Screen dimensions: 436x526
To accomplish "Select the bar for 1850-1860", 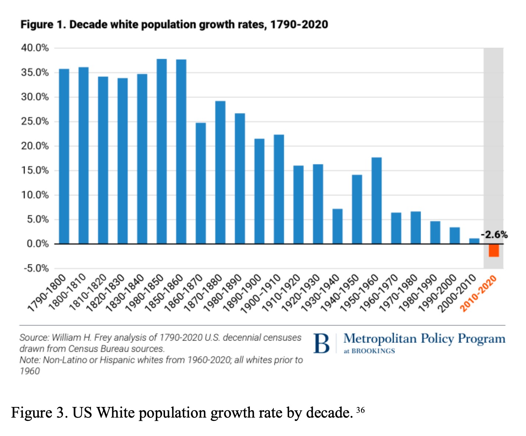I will click(x=181, y=151).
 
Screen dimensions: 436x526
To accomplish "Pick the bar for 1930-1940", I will click(x=337, y=226).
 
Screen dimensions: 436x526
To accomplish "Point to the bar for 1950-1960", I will click(x=376, y=200).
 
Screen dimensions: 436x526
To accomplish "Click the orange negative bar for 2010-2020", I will click(x=494, y=250).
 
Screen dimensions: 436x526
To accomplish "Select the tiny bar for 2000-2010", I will click(x=474, y=241).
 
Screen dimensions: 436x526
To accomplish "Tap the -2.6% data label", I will click(x=494, y=235).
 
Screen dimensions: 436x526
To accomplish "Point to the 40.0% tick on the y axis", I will click(x=36, y=48).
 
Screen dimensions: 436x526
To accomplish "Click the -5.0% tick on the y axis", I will click(x=36, y=268).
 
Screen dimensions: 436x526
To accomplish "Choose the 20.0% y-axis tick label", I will click(x=36, y=146).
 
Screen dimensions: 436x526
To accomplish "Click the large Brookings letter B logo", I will click(x=322, y=343).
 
